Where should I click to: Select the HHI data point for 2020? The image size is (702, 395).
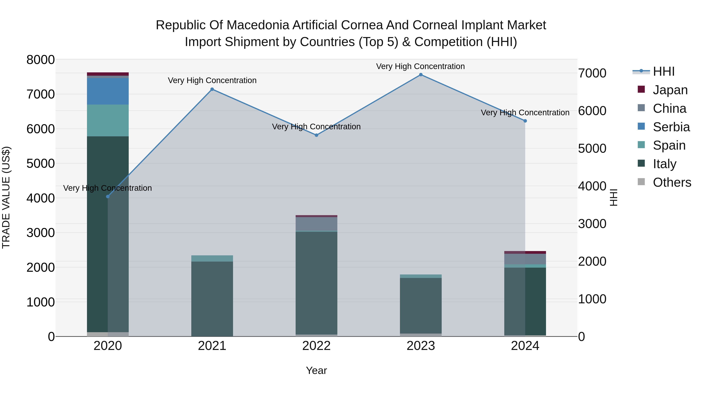(108, 197)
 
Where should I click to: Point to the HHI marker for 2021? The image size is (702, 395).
(212, 89)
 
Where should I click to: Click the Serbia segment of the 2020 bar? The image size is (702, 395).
(108, 91)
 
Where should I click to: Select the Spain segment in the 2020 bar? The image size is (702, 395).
(108, 121)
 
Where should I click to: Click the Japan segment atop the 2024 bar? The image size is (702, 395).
(525, 252)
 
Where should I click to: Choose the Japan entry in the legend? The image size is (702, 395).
(670, 90)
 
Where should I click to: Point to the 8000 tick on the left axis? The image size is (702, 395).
(40, 60)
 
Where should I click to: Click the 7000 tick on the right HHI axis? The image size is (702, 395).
(592, 73)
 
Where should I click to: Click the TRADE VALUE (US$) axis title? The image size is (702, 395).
(6, 197)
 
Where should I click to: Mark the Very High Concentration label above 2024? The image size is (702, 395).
(525, 113)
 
